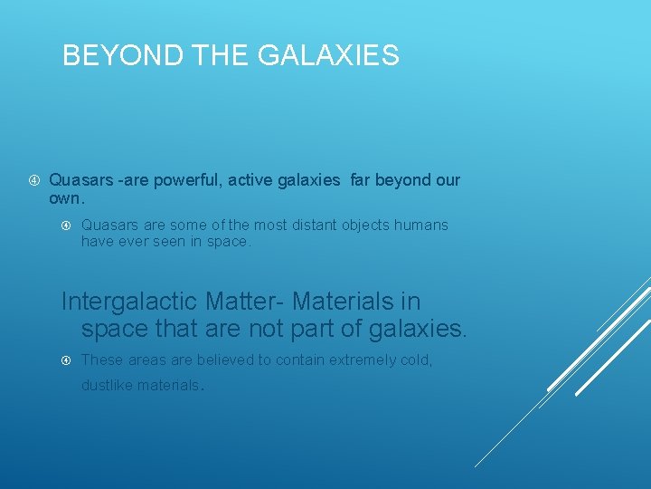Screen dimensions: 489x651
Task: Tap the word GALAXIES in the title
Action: pos(328,56)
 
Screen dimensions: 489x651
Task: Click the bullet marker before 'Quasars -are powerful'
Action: pos(33,180)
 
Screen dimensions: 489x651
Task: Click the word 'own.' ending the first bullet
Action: pos(67,197)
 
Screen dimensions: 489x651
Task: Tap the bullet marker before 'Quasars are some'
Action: pos(66,225)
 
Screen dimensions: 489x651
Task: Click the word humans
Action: pos(421,225)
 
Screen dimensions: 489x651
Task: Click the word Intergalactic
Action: pos(129,300)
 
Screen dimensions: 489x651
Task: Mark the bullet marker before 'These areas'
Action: pos(66,360)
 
